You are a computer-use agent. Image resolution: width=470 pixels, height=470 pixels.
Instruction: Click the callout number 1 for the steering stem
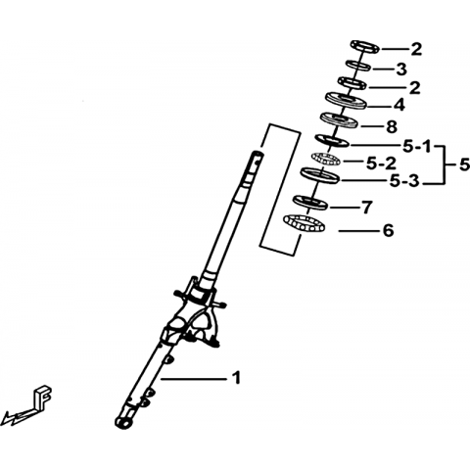point(236,378)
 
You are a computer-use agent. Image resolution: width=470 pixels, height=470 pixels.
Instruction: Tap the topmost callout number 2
point(416,49)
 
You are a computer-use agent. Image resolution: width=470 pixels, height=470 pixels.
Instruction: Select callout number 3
point(401,70)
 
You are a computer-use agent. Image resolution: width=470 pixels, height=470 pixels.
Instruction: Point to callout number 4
point(399,105)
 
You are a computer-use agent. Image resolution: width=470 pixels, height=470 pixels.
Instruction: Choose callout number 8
point(392,126)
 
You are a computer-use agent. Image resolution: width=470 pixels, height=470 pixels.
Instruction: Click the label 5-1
point(417,147)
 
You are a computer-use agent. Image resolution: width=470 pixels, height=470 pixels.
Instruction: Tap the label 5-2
point(381,164)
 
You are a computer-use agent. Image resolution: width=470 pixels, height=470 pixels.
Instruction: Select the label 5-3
point(404,181)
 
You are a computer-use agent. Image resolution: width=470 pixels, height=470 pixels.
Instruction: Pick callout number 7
point(366,207)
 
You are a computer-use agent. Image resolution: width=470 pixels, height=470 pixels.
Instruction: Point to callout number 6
point(388,231)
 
